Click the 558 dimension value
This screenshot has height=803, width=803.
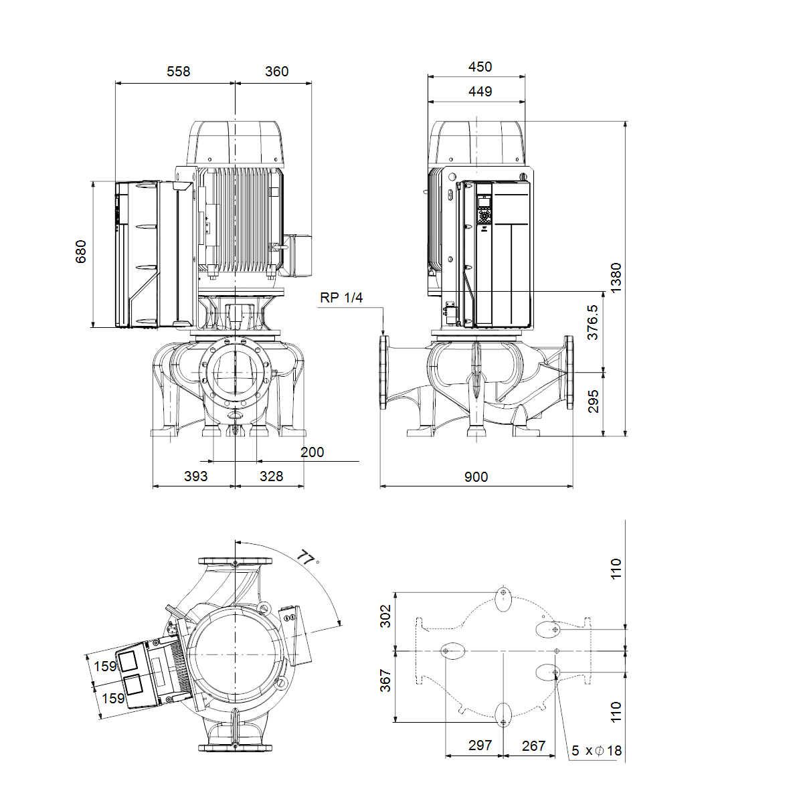(x=179, y=72)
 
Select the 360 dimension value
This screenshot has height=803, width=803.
(x=276, y=72)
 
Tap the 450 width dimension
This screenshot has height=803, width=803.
(x=480, y=67)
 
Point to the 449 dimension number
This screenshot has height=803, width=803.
(x=480, y=91)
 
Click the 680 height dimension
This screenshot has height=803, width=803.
(x=81, y=252)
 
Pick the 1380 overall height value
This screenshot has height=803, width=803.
(x=616, y=278)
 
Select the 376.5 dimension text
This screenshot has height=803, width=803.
(x=592, y=322)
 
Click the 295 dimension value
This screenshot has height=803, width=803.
(x=593, y=401)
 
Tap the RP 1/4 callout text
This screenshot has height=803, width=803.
(x=341, y=298)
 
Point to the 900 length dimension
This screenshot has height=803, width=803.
(x=476, y=476)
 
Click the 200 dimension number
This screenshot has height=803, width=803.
(x=312, y=452)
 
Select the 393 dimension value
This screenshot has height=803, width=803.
(x=196, y=476)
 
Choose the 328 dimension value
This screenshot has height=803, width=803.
(x=271, y=476)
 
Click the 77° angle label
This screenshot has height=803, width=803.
(x=308, y=558)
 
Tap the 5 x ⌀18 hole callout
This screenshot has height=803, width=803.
(x=596, y=751)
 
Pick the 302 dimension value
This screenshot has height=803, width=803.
(x=385, y=616)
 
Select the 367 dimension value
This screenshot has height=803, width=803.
(x=385, y=681)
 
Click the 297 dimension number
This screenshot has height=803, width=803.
(x=480, y=745)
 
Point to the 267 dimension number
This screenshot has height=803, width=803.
(x=534, y=745)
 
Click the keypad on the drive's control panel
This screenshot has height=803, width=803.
(x=484, y=216)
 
